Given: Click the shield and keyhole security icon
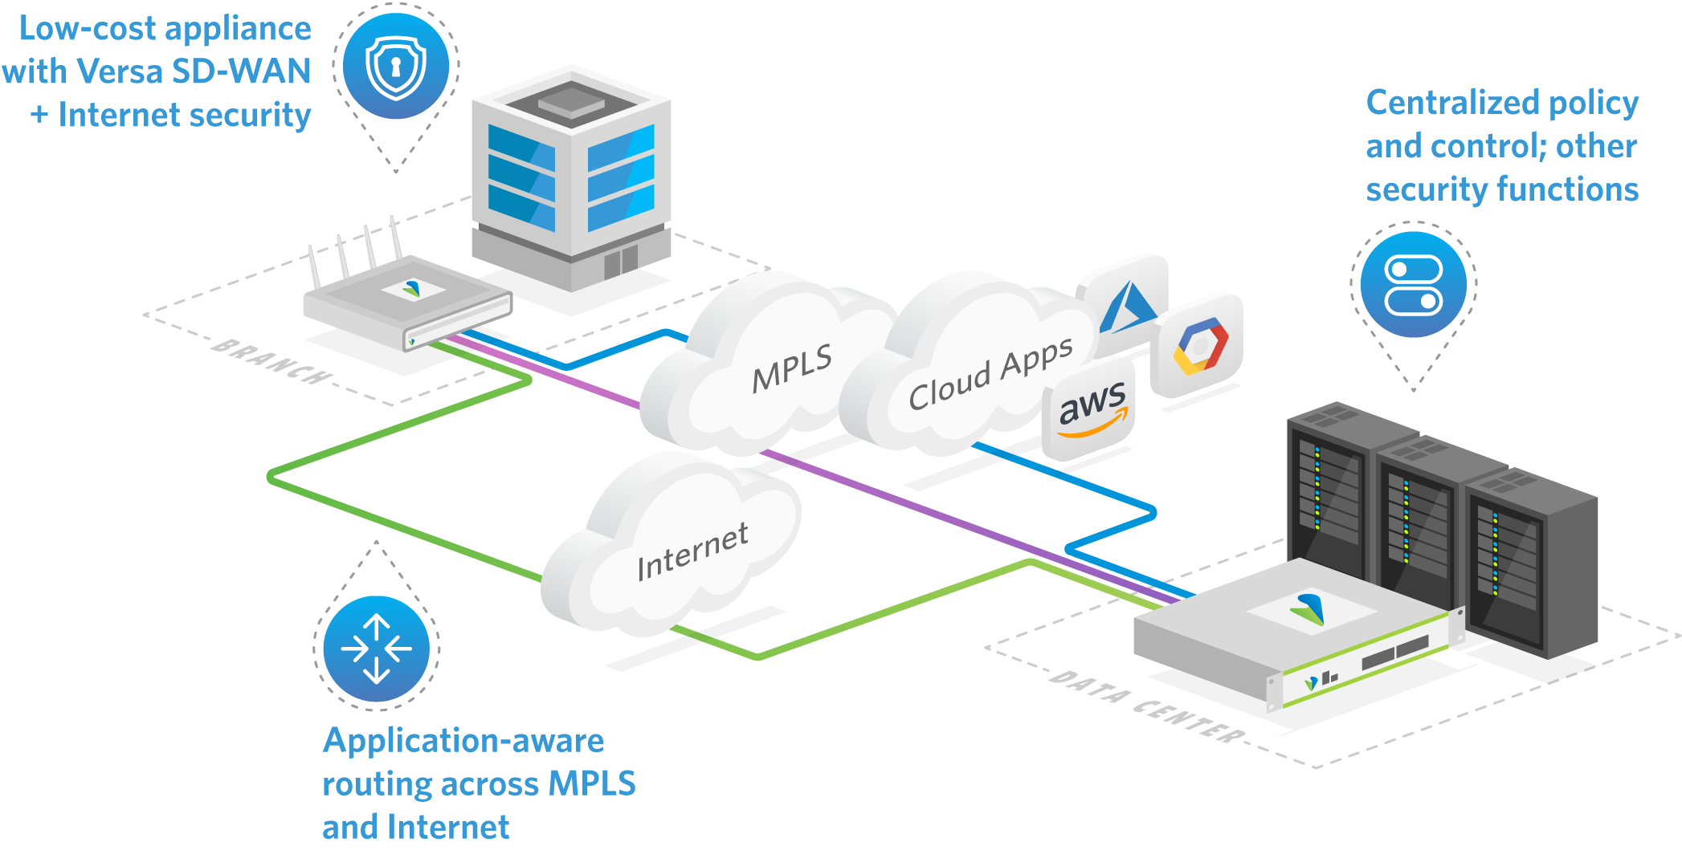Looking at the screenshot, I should (x=395, y=67).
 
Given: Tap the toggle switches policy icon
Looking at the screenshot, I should (x=1414, y=284).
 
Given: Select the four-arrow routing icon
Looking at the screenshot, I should (x=376, y=649).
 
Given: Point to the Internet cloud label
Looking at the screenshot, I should (x=692, y=551).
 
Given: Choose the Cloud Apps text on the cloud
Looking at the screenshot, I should (x=990, y=374).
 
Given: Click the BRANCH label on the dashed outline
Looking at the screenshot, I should (x=271, y=362).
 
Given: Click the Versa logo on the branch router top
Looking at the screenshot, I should (x=411, y=288).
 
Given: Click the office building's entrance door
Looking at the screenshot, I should (x=620, y=260).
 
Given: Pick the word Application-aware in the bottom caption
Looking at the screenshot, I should (x=463, y=741).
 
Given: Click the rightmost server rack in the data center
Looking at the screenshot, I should (x=1530, y=562).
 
